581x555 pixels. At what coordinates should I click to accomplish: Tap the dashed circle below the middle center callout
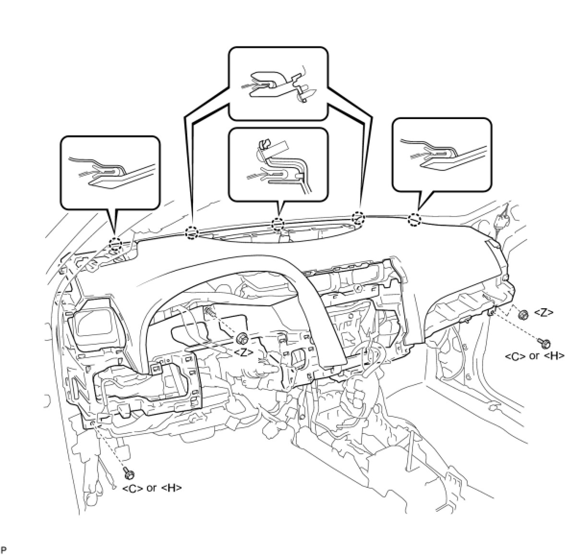pyautogui.click(x=278, y=224)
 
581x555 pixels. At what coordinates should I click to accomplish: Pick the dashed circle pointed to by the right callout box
pyautogui.click(x=414, y=219)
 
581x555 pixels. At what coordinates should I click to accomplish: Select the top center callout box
pyautogui.click(x=278, y=83)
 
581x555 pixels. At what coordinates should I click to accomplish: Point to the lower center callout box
pyautogui.click(x=278, y=165)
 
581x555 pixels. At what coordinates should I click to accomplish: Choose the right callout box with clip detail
pyautogui.click(x=442, y=155)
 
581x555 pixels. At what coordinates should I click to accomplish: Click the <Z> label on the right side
pyautogui.click(x=544, y=313)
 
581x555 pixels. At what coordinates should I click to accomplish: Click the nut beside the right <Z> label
pyautogui.click(x=524, y=314)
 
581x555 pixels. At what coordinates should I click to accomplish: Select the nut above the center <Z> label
pyautogui.click(x=242, y=339)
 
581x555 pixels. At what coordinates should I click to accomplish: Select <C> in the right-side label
pyautogui.click(x=515, y=356)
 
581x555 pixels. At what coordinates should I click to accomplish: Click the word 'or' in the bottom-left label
pyautogui.click(x=152, y=488)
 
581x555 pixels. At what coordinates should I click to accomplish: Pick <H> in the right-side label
pyautogui.click(x=555, y=356)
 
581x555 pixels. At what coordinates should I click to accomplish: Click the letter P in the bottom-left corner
pyautogui.click(x=4, y=549)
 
